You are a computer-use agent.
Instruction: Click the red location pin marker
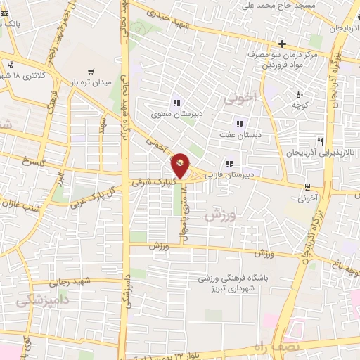(181, 166)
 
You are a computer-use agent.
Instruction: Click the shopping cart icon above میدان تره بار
(91, 71)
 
